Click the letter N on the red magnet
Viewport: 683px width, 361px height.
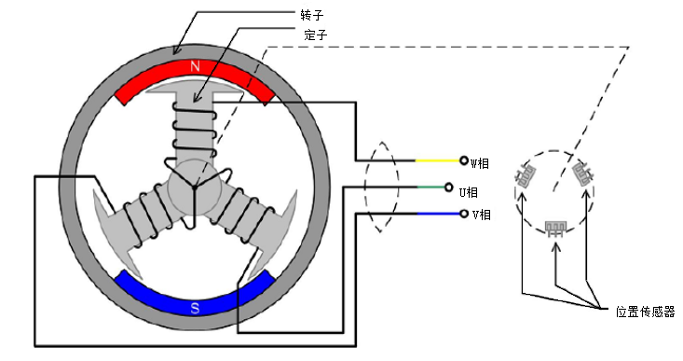pyautogui.click(x=195, y=66)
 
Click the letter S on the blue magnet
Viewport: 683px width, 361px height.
pyautogui.click(x=195, y=308)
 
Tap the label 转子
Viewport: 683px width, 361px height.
pyautogui.click(x=312, y=15)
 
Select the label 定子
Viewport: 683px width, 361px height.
pyautogui.click(x=316, y=35)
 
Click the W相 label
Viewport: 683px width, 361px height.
pyautogui.click(x=480, y=163)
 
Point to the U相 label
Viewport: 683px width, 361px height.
pyautogui.click(x=469, y=192)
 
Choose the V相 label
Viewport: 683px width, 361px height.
pyautogui.click(x=482, y=215)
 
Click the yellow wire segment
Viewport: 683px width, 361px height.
pyautogui.click(x=437, y=160)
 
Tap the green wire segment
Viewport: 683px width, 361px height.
pyautogui.click(x=431, y=187)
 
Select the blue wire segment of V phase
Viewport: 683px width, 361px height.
pyautogui.click(x=439, y=214)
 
